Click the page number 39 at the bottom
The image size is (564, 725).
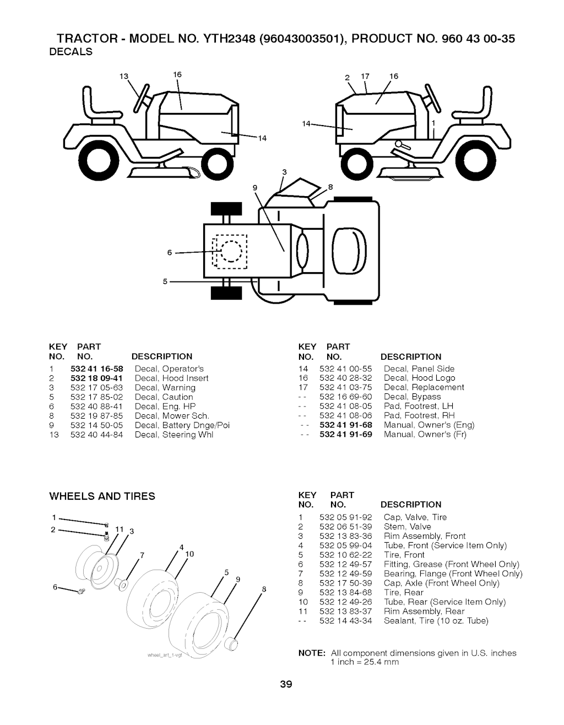(286, 684)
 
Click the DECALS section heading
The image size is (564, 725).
(70, 52)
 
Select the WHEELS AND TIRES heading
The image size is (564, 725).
(102, 496)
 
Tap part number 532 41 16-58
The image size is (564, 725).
(97, 369)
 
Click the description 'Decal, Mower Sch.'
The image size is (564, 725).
(172, 416)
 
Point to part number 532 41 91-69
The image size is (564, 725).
(345, 435)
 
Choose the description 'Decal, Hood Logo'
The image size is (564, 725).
(419, 378)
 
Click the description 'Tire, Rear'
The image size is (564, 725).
(404, 592)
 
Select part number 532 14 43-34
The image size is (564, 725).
(345, 620)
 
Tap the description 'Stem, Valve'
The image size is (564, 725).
(407, 527)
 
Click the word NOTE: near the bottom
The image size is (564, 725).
(312, 653)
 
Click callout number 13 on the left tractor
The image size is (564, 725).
(124, 77)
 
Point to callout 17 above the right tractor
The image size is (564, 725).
(365, 76)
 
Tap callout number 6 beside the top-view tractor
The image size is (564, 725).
(170, 252)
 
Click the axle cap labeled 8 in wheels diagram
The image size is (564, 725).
(232, 643)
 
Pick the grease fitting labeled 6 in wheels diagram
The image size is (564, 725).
(81, 591)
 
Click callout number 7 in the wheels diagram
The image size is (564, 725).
(142, 555)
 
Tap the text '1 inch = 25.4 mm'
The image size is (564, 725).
(365, 662)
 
